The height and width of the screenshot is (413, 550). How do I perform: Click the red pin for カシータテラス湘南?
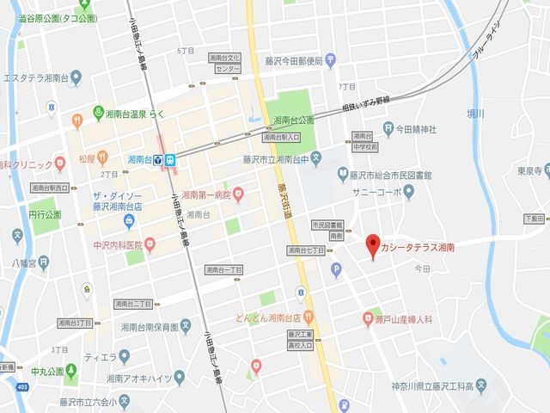pos(372,244)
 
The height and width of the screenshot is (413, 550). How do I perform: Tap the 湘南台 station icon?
pos(171,159)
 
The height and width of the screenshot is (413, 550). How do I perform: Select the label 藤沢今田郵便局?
pos(293,61)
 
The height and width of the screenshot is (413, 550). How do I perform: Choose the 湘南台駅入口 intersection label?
pos(281,137)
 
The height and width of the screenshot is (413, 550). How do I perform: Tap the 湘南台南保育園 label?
pos(149,327)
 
